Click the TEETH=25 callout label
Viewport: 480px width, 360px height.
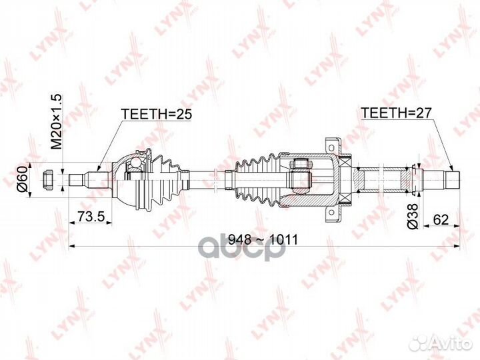(x=157, y=114)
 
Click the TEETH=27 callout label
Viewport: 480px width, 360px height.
(x=396, y=113)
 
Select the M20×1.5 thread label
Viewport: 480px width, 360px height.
(x=56, y=122)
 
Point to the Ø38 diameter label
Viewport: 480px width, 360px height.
(x=413, y=216)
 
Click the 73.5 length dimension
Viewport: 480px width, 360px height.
(x=91, y=217)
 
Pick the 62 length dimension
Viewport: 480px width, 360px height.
(x=441, y=219)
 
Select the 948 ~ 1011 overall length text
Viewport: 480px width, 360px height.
(x=263, y=239)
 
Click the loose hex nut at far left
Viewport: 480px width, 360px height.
(x=48, y=180)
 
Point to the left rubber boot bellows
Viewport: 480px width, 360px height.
(x=169, y=180)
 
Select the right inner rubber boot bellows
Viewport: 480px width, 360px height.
(x=258, y=180)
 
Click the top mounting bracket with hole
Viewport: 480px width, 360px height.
(x=333, y=145)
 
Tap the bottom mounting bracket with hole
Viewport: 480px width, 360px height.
(x=333, y=215)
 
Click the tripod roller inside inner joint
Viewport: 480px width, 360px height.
(x=300, y=176)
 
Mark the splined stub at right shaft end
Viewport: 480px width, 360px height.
(x=453, y=180)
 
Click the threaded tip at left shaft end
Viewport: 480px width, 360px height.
(x=77, y=180)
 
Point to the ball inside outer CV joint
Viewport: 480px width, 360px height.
(x=135, y=163)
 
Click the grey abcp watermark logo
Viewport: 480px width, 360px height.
(x=242, y=249)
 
